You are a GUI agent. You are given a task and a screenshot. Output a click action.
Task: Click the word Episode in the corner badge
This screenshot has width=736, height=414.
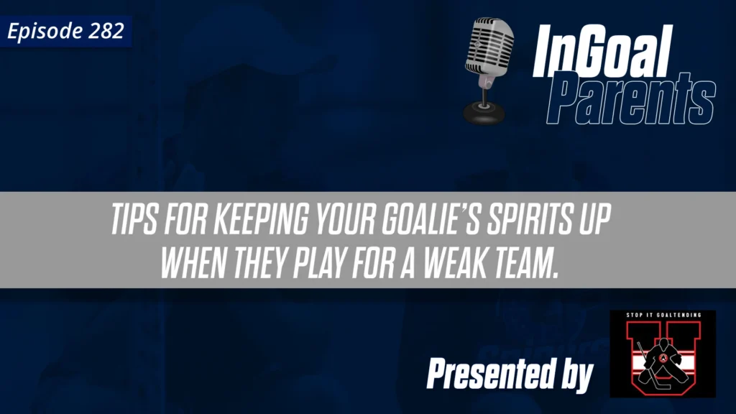click(x=42, y=32)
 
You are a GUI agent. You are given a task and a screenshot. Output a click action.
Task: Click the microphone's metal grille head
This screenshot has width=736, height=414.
click(x=488, y=47)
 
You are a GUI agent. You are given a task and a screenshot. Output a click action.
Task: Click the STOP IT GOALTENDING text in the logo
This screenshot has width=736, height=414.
click(x=662, y=316)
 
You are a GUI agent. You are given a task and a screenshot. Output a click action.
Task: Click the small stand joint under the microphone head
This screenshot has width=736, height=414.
click(x=487, y=85)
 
